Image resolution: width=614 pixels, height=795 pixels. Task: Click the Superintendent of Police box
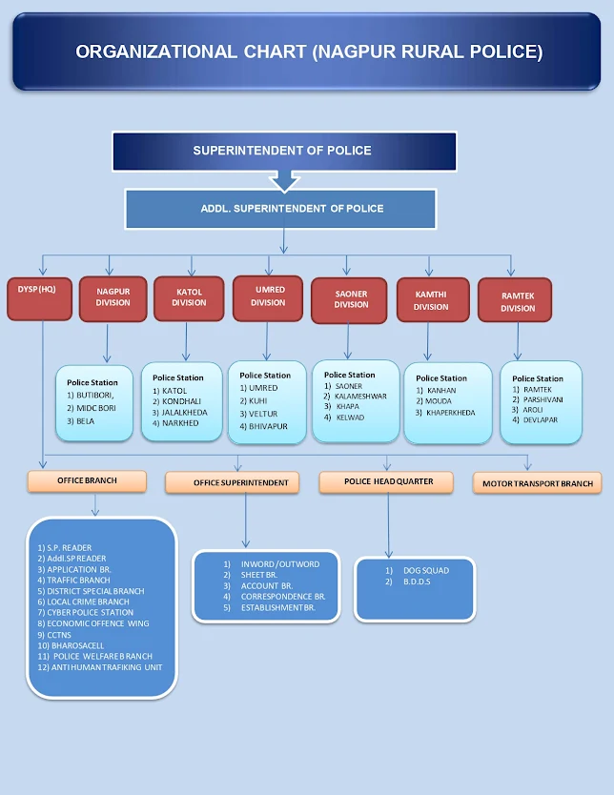283,151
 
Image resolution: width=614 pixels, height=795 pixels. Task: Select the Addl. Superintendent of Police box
280,209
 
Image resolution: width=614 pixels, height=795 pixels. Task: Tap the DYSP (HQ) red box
39,297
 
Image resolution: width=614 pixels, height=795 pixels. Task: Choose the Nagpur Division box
113,297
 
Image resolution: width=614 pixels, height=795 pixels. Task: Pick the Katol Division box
189,297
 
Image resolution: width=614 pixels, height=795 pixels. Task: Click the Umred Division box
268,297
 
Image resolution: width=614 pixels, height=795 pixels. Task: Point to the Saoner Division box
351,299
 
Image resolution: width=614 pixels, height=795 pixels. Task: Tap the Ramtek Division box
518,302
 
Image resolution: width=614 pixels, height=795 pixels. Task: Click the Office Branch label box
87,480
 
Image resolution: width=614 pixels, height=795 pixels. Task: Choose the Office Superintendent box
240,483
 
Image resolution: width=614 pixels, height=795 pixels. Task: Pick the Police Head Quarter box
388,482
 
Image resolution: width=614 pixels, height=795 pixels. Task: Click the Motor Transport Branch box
536,483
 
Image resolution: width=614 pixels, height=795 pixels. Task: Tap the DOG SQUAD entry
424,570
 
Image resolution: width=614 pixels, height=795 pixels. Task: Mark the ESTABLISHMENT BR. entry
279,607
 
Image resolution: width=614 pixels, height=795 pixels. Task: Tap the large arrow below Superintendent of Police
284,179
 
